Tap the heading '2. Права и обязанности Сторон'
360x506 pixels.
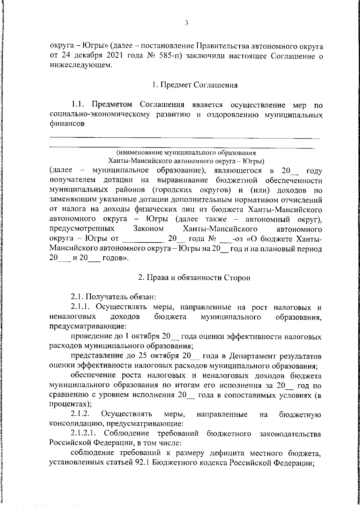pyautogui.click(x=194, y=278)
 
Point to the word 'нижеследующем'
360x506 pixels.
pyautogui.click(x=80, y=65)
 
